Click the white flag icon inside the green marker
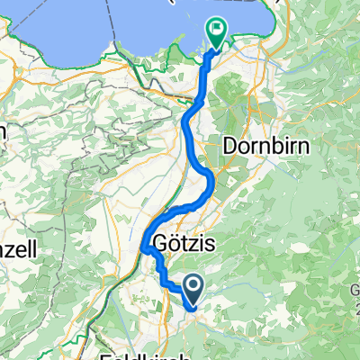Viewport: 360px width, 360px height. point(218,30)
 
